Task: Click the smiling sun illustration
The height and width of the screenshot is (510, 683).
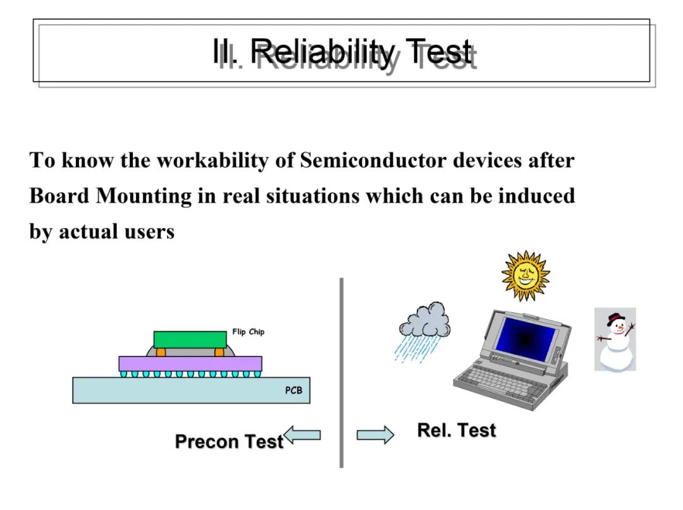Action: tap(526, 276)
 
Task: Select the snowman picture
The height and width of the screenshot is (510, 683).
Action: tap(615, 339)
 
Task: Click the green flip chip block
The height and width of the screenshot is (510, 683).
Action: tap(190, 339)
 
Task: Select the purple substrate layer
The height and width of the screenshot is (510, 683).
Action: tap(190, 363)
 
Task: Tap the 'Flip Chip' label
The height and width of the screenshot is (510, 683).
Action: tap(249, 332)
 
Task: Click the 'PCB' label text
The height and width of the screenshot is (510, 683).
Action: tap(293, 391)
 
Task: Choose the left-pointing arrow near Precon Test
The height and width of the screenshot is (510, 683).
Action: tap(302, 435)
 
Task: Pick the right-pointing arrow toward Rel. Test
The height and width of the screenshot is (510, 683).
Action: tap(375, 435)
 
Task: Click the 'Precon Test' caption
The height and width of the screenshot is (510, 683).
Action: tap(229, 441)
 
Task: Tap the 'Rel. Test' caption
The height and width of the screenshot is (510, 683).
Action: tap(457, 430)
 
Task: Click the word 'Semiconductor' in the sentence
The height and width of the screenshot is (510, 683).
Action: tap(373, 160)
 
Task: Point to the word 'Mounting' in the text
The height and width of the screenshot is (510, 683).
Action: tap(144, 197)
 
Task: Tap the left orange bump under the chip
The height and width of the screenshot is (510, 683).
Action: tap(161, 351)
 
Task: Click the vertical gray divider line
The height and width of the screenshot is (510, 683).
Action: tap(341, 373)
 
